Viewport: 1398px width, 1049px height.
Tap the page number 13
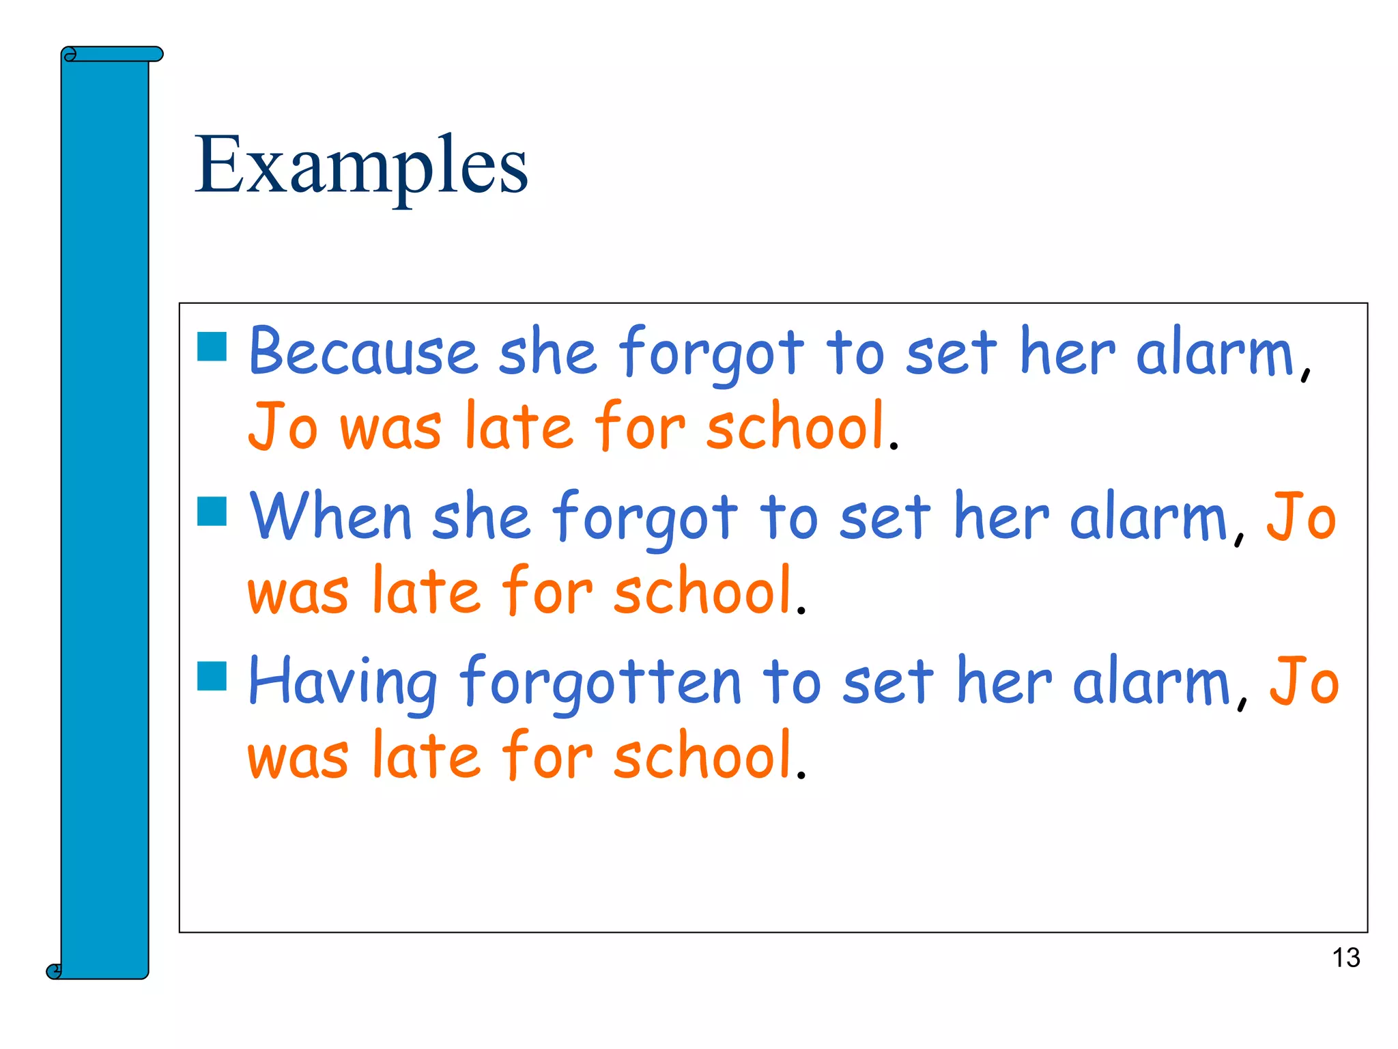[1345, 958]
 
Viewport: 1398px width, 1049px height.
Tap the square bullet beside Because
[212, 346]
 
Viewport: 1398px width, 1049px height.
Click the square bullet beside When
[212, 511]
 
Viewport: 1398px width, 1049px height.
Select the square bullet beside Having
[212, 675]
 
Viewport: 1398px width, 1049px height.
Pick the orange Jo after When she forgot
[1301, 517]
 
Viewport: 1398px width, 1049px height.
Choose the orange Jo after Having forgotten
[1304, 682]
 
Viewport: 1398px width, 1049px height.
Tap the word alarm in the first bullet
[1215, 352]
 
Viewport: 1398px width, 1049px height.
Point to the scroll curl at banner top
[70, 55]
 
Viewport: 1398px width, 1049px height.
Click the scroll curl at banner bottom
[54, 970]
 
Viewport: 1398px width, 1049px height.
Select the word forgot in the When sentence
[645, 517]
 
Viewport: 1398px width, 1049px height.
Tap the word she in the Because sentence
[547, 352]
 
